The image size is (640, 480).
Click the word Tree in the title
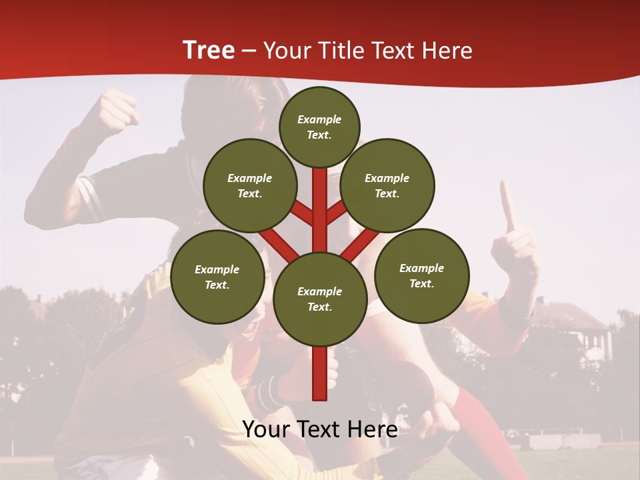(x=209, y=50)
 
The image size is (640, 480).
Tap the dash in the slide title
(x=249, y=51)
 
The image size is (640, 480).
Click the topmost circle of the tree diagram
(x=319, y=127)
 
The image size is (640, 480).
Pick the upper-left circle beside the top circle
(x=249, y=185)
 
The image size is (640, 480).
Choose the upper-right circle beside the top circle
(x=387, y=185)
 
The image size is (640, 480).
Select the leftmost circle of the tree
(x=217, y=277)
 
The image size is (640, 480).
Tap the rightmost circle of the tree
(x=421, y=275)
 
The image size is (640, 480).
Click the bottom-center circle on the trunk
(x=319, y=299)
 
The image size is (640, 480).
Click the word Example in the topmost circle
(x=319, y=119)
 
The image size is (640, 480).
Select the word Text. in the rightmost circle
(x=421, y=283)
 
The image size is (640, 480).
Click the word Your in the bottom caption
(x=265, y=429)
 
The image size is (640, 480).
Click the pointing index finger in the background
(x=509, y=207)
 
